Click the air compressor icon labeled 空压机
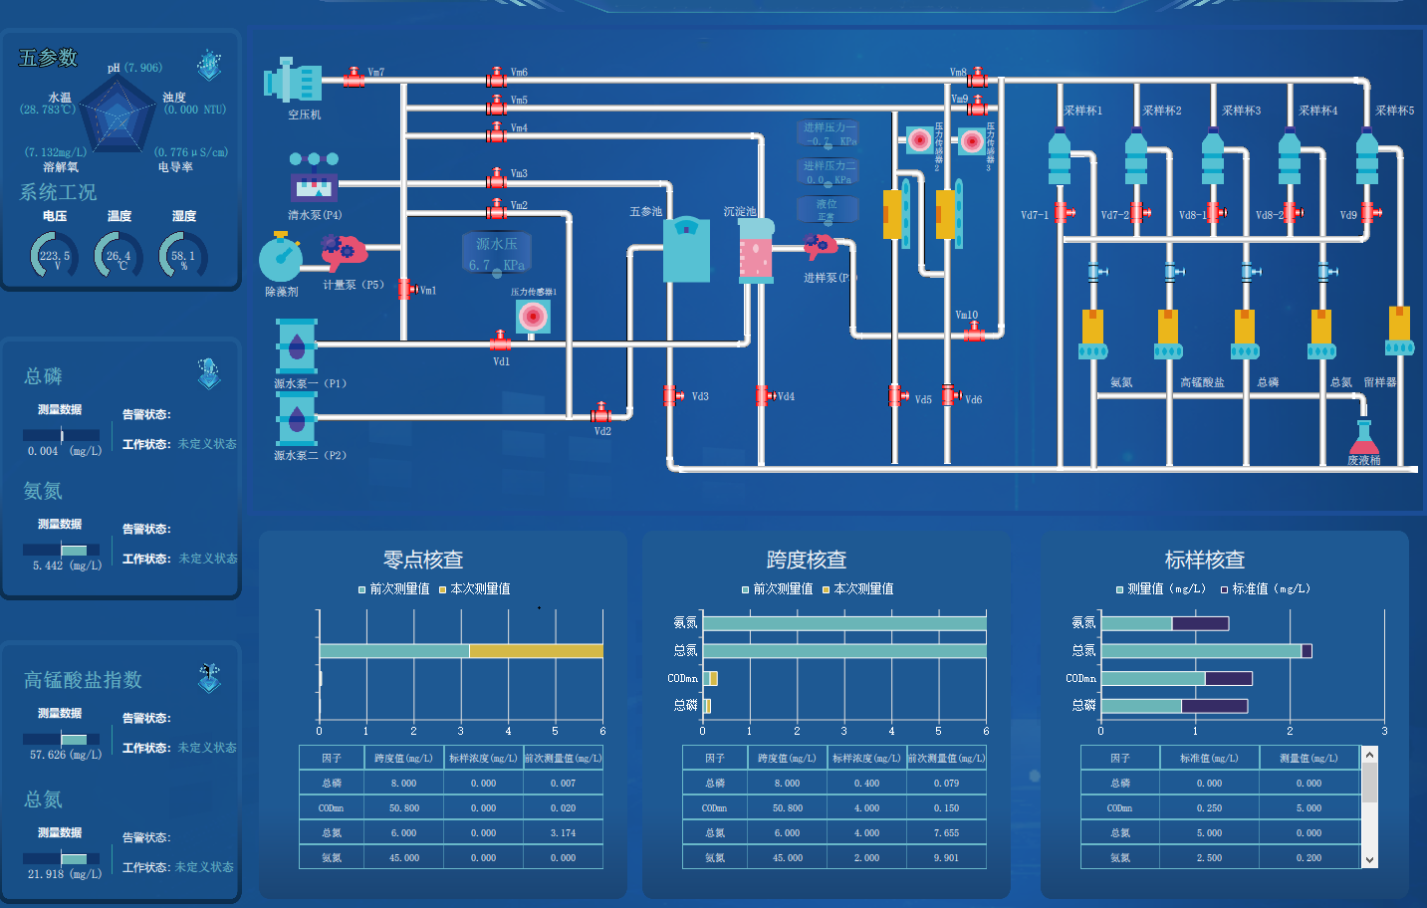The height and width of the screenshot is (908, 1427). (x=293, y=82)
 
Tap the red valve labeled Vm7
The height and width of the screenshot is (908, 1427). (x=354, y=77)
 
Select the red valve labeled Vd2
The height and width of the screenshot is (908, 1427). (x=600, y=412)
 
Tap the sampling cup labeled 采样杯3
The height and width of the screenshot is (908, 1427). (x=1213, y=159)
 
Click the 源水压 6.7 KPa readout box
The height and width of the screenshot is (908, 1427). (x=496, y=254)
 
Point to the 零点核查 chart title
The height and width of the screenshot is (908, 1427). (x=423, y=560)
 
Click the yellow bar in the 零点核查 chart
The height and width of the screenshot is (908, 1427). (x=536, y=651)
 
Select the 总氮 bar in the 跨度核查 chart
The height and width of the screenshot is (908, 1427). (x=844, y=651)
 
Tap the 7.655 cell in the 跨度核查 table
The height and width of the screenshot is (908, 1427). (x=946, y=833)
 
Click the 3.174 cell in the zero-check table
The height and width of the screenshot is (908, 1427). (x=563, y=833)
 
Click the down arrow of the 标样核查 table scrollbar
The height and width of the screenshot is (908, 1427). (x=1369, y=859)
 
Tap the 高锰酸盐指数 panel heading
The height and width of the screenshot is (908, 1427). (x=83, y=680)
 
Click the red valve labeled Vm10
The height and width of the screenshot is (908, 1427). (x=973, y=334)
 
